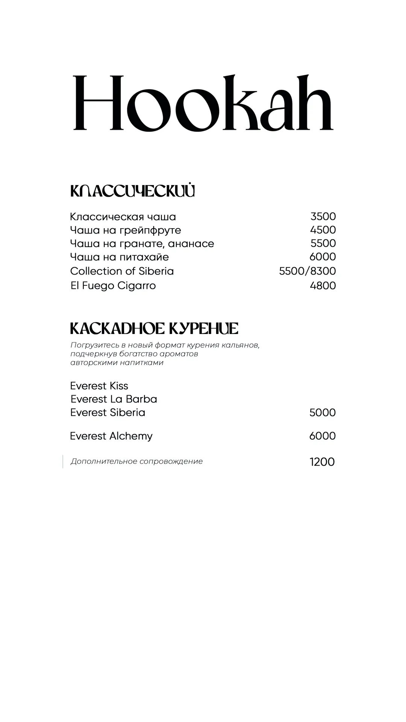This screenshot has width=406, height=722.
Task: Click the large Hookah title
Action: (203, 103)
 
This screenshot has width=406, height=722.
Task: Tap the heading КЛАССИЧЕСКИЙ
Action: (132, 191)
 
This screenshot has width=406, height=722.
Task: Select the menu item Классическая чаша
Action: (123, 217)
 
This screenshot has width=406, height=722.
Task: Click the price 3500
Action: (323, 217)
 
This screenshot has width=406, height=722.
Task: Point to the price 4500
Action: (323, 230)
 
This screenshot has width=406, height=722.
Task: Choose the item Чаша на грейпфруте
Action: (126, 230)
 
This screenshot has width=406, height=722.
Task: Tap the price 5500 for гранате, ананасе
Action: (323, 243)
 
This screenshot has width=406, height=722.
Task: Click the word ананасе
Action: (191, 244)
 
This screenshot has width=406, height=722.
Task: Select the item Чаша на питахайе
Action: (120, 257)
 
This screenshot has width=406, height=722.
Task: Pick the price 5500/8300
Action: (307, 271)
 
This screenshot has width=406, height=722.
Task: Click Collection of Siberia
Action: (122, 271)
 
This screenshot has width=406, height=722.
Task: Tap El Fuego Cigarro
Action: (113, 286)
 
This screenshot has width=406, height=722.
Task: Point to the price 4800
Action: (323, 286)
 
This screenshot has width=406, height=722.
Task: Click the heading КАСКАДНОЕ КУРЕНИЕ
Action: (154, 329)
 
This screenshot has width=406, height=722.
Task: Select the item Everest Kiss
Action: (99, 386)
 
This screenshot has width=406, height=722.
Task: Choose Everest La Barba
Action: (114, 399)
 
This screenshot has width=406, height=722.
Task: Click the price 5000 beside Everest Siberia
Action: (322, 413)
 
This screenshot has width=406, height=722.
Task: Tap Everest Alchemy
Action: (111, 436)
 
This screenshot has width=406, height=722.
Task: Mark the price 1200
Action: (322, 462)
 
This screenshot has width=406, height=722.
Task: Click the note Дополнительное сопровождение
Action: (137, 461)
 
